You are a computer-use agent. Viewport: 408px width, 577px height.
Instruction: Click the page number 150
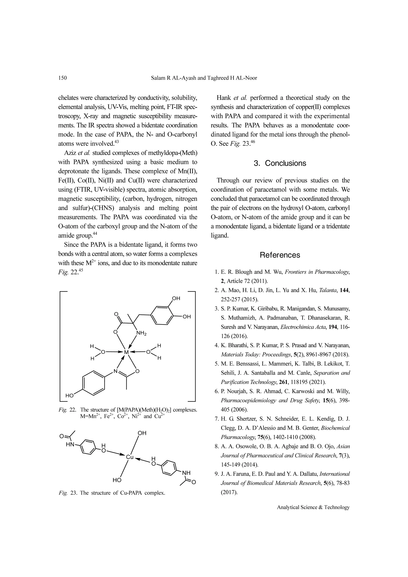pos(63,78)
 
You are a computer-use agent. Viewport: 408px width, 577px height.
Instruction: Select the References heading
pos(280,255)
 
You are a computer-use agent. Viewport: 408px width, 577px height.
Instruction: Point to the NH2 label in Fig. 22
pos(141,333)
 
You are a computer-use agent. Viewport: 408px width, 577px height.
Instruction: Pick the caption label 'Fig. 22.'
pos(67,410)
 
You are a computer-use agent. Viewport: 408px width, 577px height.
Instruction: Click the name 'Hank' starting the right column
pos(224,98)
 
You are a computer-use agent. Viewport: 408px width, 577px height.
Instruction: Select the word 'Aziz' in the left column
pos(70,153)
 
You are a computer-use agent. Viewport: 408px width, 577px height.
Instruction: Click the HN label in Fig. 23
pos(70,445)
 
